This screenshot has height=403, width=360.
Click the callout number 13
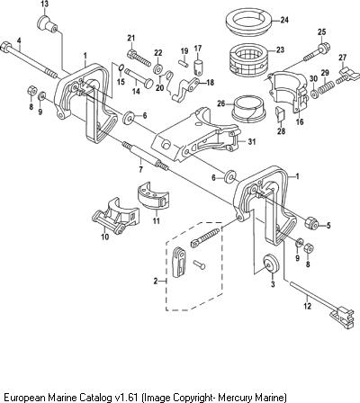[x=44, y=4]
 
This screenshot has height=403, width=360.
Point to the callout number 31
[x=252, y=141]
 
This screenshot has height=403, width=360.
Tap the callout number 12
[x=308, y=306]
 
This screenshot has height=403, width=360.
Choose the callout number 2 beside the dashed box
[x=156, y=281]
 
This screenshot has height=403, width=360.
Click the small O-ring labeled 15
[x=121, y=68]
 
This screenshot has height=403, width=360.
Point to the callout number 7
[x=140, y=169]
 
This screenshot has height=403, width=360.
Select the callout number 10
[x=104, y=237]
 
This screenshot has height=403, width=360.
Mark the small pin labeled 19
[x=184, y=62]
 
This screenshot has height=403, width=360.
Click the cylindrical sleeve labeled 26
[x=249, y=109]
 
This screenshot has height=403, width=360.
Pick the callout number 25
[x=321, y=31]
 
